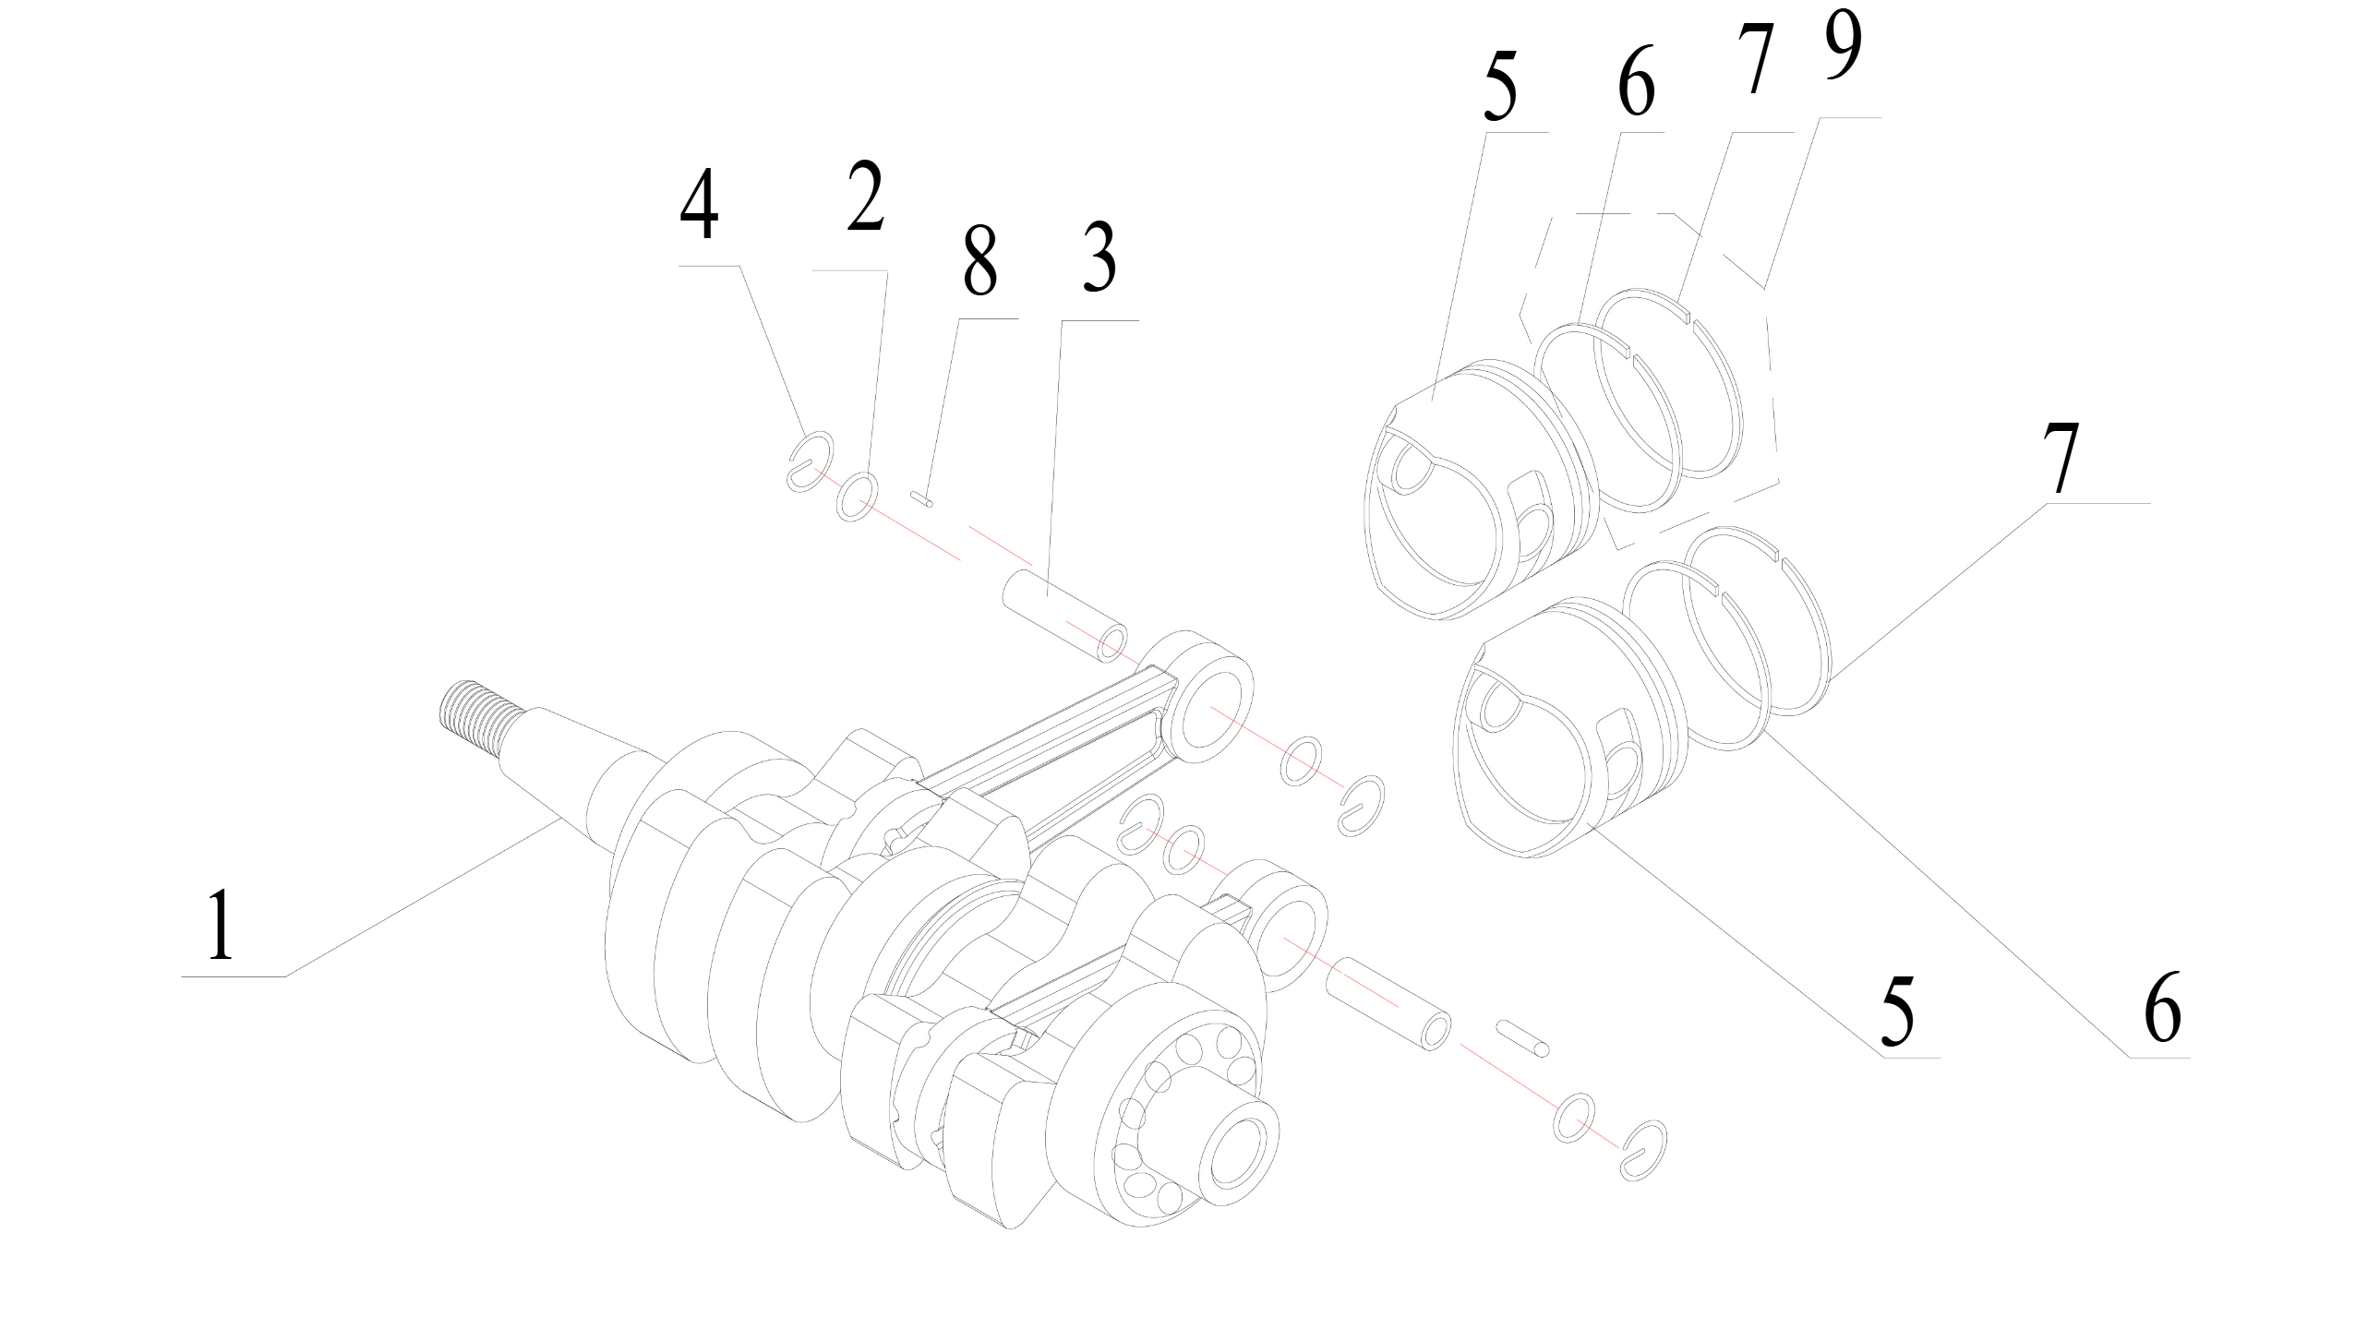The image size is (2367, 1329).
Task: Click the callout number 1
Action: (x=220, y=925)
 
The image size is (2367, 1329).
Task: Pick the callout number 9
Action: (x=1832, y=46)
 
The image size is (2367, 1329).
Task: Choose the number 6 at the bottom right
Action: (x=2161, y=1007)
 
